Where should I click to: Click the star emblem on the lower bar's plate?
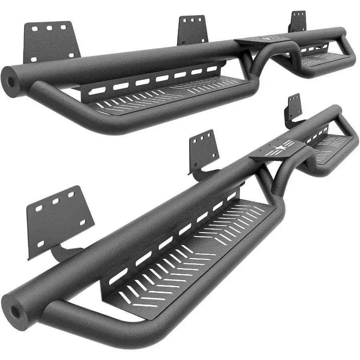[278, 150]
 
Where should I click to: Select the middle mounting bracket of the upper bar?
[193, 29]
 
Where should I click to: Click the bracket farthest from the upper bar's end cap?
[298, 21]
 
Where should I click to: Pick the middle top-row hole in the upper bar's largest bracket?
[50, 28]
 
